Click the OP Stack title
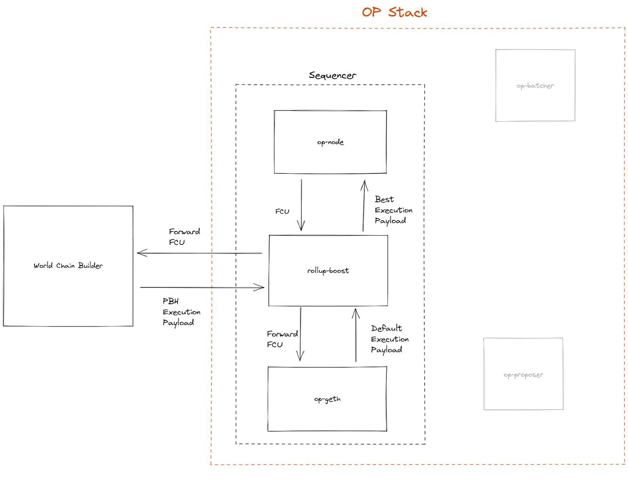[394, 12]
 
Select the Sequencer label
[332, 75]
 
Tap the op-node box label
[330, 142]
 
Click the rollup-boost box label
[328, 271]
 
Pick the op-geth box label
[327, 399]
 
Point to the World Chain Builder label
[68, 265]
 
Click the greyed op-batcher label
[535, 86]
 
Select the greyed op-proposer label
[523, 375]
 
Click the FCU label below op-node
[282, 211]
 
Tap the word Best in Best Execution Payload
[384, 199]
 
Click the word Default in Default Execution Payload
[386, 328]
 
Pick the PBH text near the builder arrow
[171, 301]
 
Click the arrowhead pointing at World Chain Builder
[140, 253]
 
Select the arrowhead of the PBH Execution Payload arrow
[261, 287]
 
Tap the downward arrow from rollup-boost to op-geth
[300, 334]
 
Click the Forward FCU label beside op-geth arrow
[282, 339]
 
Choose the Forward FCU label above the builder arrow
[184, 237]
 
